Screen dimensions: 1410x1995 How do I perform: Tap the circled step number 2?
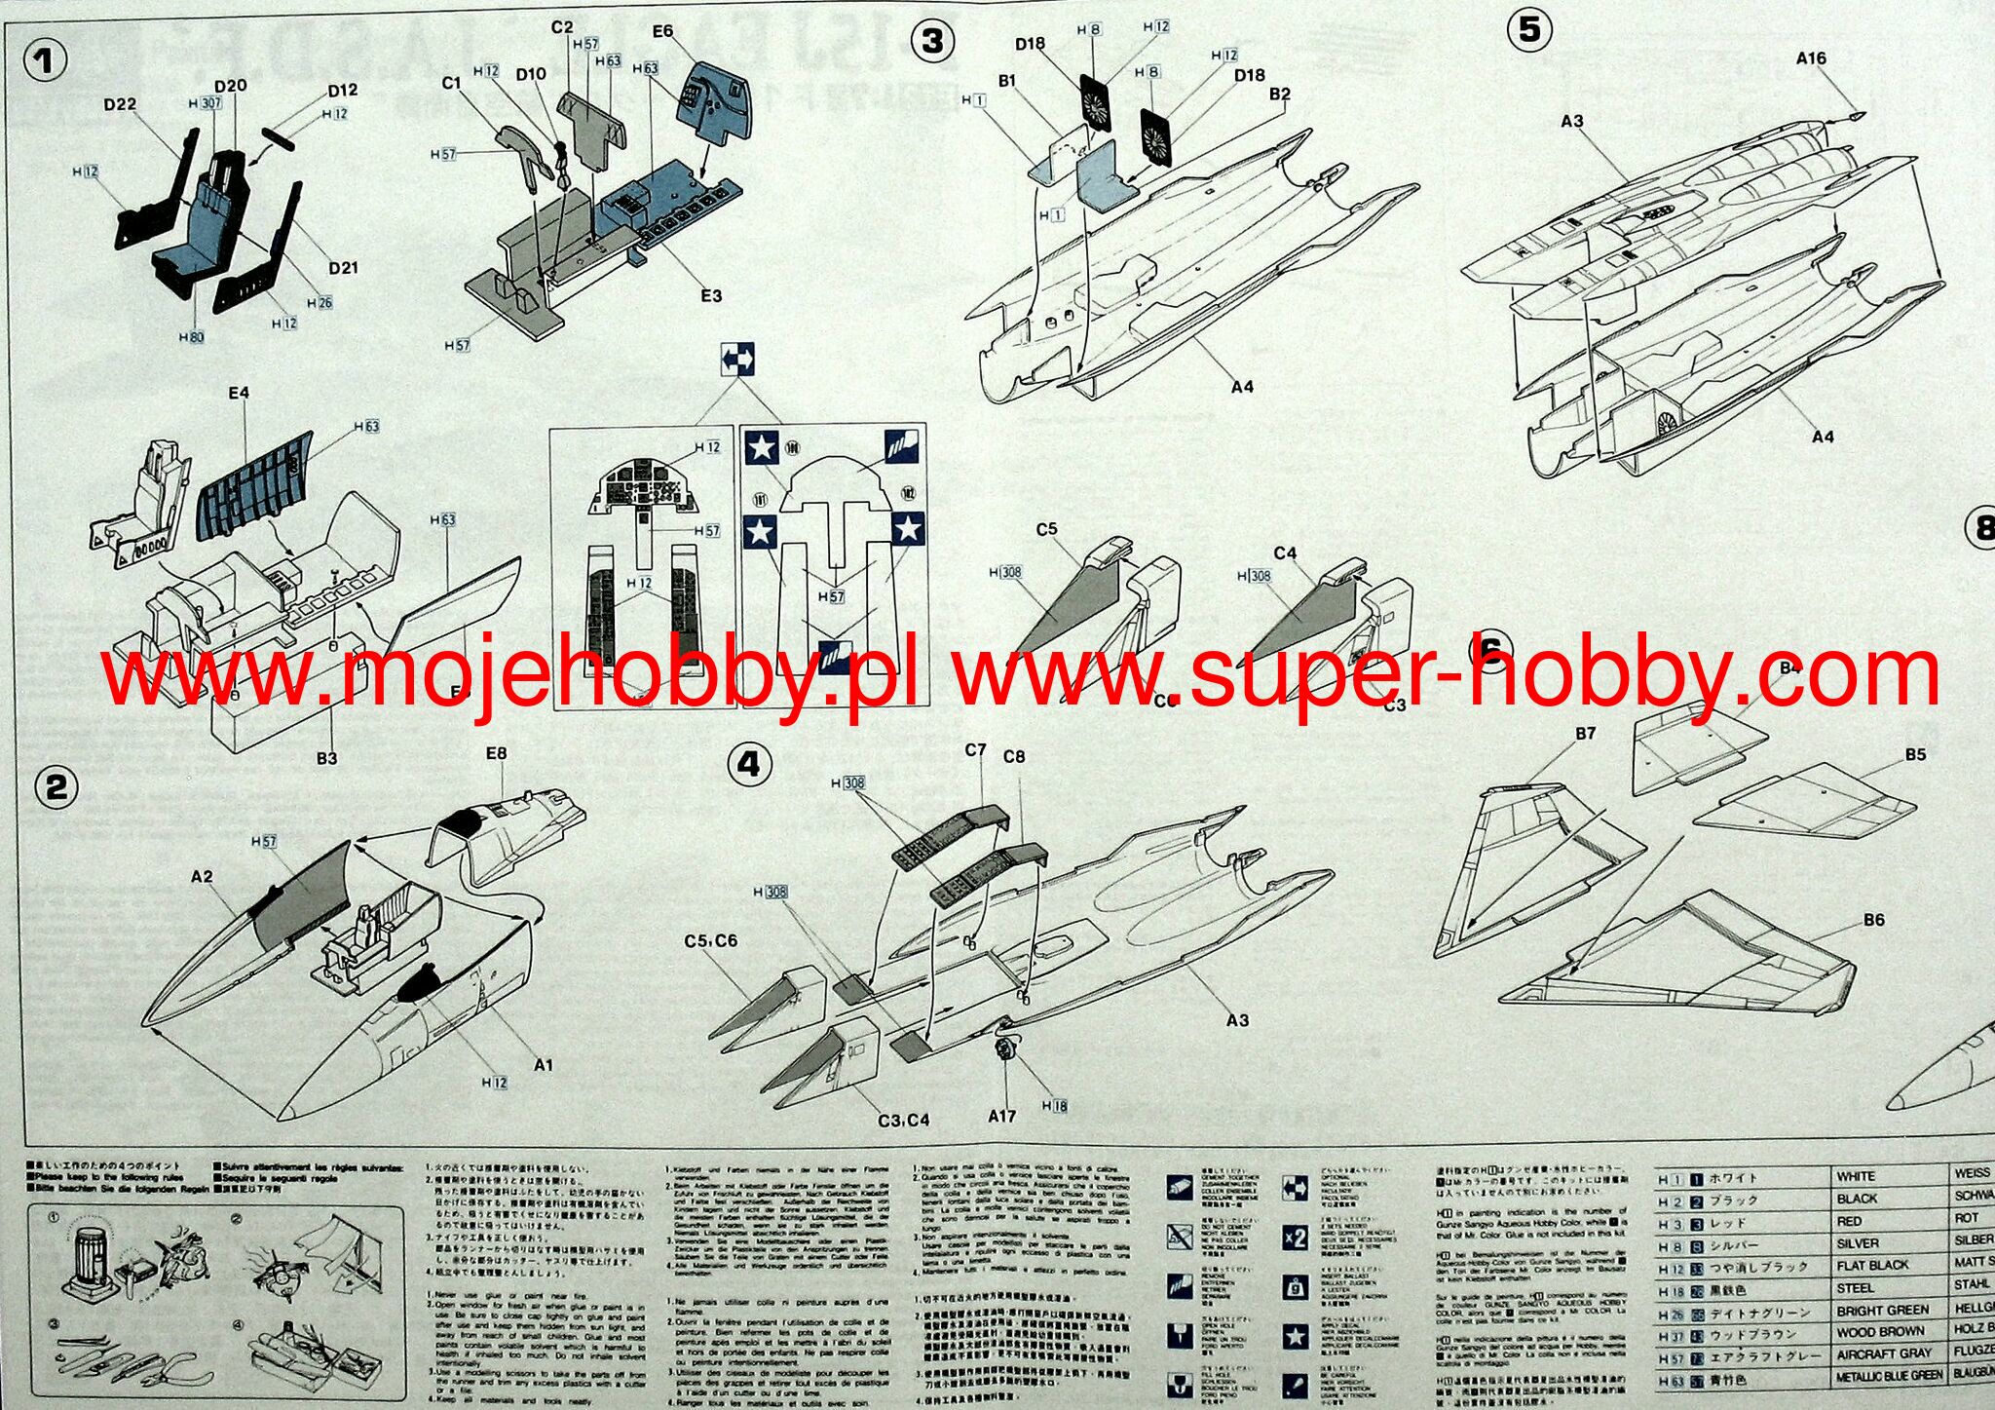[x=56, y=786]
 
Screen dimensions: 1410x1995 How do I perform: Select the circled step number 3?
[x=932, y=41]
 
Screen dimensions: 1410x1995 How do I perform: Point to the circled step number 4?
[x=749, y=764]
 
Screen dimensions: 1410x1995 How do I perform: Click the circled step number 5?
[x=1529, y=29]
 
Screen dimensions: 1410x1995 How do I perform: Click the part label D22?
[x=120, y=104]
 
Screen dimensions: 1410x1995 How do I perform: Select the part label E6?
[x=662, y=32]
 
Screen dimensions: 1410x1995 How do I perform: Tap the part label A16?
[x=1811, y=58]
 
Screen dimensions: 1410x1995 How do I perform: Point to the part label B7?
[x=1585, y=733]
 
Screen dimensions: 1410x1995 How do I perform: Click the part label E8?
[x=496, y=753]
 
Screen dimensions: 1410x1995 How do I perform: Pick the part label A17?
[x=1002, y=1116]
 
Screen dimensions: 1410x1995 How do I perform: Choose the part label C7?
[x=976, y=749]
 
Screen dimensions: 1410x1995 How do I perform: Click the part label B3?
[x=326, y=757]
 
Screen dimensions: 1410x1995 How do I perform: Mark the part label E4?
[x=239, y=393]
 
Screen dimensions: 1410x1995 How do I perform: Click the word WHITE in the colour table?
[x=1856, y=1177]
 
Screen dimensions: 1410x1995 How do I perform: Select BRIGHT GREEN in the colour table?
[x=1882, y=1311]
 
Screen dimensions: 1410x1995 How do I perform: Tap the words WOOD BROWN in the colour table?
[x=1880, y=1332]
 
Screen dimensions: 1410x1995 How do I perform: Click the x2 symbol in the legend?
[x=1295, y=1238]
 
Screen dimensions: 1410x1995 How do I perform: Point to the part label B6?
[x=1873, y=920]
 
